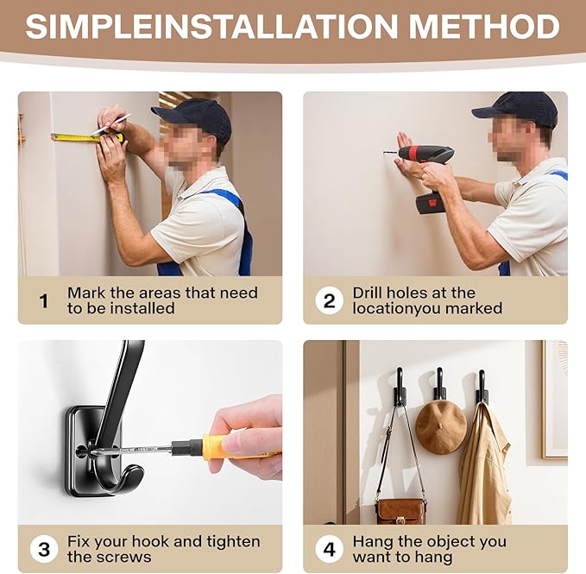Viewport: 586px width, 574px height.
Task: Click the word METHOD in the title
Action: pos(484,26)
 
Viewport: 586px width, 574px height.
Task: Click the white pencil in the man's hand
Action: pos(110,124)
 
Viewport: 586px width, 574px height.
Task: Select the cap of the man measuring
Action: pos(195,117)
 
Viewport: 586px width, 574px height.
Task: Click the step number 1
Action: pos(44,301)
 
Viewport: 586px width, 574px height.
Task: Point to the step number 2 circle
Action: pos(330,300)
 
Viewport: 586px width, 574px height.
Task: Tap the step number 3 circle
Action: pos(44,549)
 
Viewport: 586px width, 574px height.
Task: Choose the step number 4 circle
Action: pos(330,549)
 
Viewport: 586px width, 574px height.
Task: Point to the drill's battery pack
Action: pos(433,204)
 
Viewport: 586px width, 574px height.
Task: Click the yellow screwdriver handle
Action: pos(239,447)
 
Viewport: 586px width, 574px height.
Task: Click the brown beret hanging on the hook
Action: pos(441,427)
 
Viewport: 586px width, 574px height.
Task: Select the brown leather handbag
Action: pos(400,511)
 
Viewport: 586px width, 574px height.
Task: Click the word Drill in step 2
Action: pos(369,293)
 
